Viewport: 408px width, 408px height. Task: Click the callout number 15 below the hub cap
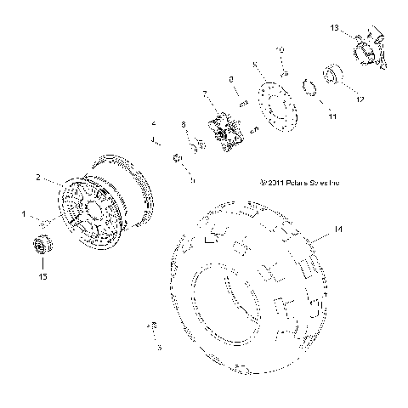coord(41,276)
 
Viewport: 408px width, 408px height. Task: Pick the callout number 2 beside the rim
coord(37,178)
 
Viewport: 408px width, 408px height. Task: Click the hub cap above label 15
coord(41,246)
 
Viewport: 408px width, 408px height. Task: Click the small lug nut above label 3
coord(154,326)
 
